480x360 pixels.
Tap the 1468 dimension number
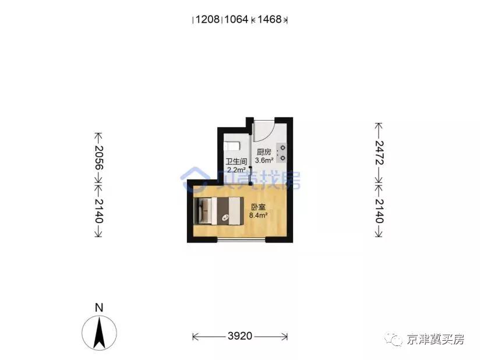click(x=270, y=20)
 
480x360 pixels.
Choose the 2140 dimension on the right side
click(x=379, y=211)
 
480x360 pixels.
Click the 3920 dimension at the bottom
click(x=239, y=336)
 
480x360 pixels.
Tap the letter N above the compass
click(x=99, y=307)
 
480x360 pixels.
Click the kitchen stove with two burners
click(x=282, y=153)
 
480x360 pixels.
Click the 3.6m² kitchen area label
click(x=264, y=160)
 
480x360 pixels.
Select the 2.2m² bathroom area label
click(x=236, y=170)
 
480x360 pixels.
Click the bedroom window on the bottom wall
click(x=242, y=239)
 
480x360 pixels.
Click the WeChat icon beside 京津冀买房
click(x=397, y=339)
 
